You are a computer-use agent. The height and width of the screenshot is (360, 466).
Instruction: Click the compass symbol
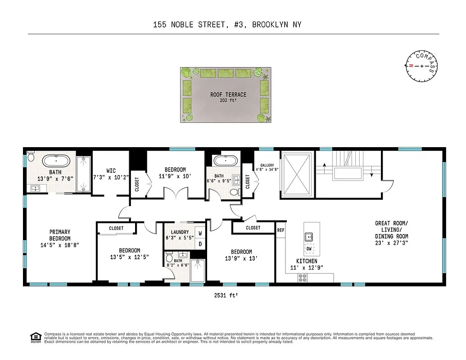(x=421, y=66)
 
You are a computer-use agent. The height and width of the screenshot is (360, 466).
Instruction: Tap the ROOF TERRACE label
(x=228, y=95)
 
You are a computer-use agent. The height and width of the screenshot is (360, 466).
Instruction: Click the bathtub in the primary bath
(x=56, y=161)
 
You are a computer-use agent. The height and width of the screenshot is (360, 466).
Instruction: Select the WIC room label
(x=111, y=171)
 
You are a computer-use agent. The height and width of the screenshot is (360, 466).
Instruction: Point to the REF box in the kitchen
(x=281, y=230)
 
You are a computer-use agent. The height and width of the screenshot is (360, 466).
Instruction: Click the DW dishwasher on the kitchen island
(x=309, y=249)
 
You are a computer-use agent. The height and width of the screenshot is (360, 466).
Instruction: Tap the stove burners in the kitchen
(x=303, y=279)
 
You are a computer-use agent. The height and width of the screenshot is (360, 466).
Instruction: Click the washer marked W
(x=200, y=234)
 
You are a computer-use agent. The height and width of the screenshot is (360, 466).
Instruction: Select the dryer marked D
(x=200, y=244)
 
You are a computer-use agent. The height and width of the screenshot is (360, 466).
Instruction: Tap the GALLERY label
(x=264, y=165)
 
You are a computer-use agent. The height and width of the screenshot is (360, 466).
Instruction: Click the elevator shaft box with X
(x=296, y=175)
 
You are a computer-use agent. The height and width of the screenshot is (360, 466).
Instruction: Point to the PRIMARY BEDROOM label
(x=60, y=235)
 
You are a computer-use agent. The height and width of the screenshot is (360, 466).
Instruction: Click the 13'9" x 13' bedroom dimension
(x=241, y=259)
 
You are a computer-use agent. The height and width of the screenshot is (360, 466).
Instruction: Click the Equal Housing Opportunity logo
(x=35, y=337)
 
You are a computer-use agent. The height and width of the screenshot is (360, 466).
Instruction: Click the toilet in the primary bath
(x=31, y=157)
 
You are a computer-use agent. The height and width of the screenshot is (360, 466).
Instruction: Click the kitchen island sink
(x=309, y=236)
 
